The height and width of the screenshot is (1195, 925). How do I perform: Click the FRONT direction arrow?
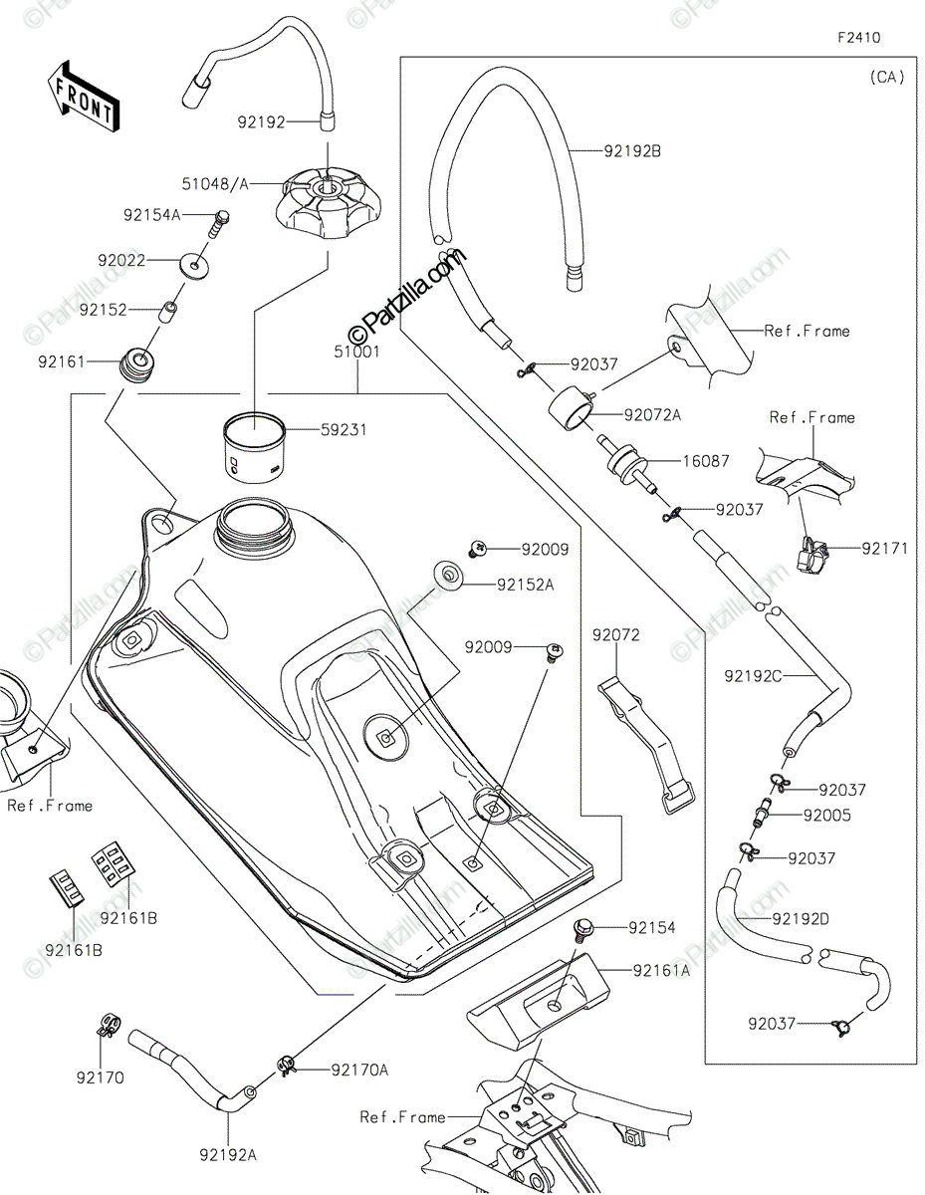click(x=83, y=98)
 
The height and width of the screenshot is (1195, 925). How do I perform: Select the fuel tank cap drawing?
click(x=327, y=202)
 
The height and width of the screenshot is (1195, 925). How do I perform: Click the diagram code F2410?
click(x=857, y=38)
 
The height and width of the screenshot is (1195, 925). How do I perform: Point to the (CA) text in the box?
click(x=885, y=77)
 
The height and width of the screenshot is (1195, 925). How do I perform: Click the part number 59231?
click(x=345, y=430)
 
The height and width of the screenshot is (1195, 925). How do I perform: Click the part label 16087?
click(x=706, y=461)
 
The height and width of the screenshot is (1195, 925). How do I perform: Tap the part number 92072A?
click(x=653, y=414)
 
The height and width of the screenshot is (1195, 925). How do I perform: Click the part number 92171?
click(x=884, y=548)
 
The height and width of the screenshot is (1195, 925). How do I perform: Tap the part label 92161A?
click(x=658, y=968)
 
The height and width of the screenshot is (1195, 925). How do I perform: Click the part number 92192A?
click(x=228, y=1154)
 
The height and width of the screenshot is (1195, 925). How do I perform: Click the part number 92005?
click(x=827, y=815)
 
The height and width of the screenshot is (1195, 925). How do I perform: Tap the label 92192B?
click(x=632, y=151)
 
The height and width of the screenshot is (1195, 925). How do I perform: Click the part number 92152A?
click(x=525, y=585)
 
